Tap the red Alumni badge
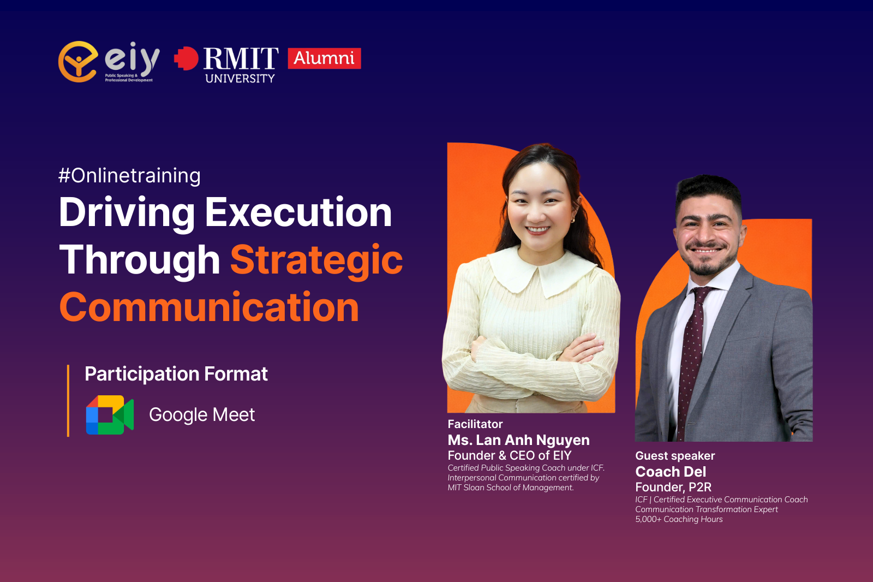(324, 58)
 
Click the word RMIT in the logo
(241, 58)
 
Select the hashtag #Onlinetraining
(129, 176)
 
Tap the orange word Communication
(209, 308)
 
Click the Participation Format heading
(176, 374)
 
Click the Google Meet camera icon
(110, 414)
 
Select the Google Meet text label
(202, 414)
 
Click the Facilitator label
(475, 424)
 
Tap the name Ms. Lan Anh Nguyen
(518, 440)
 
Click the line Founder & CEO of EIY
(510, 455)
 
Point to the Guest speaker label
(675, 456)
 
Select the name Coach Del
(671, 472)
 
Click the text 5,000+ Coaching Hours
(679, 519)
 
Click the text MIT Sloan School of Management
(511, 488)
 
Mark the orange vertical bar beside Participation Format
(68, 401)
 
